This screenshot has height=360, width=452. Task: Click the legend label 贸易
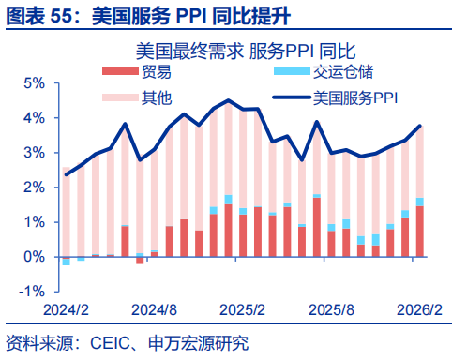(x=156, y=73)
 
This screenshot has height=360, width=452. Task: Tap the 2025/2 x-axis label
(x=242, y=308)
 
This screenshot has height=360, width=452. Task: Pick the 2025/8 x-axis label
(x=331, y=308)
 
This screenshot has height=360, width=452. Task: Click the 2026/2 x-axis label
(x=417, y=308)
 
